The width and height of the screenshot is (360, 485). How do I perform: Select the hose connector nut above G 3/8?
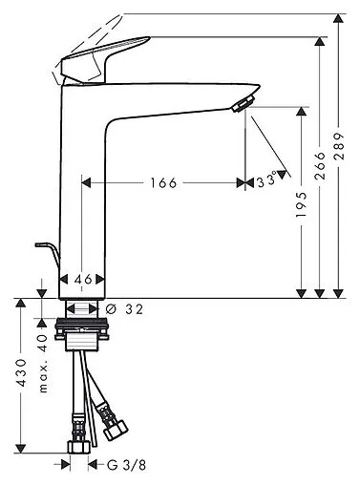pyautogui.click(x=78, y=445)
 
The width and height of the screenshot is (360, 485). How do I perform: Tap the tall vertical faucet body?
pyautogui.click(x=80, y=191)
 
